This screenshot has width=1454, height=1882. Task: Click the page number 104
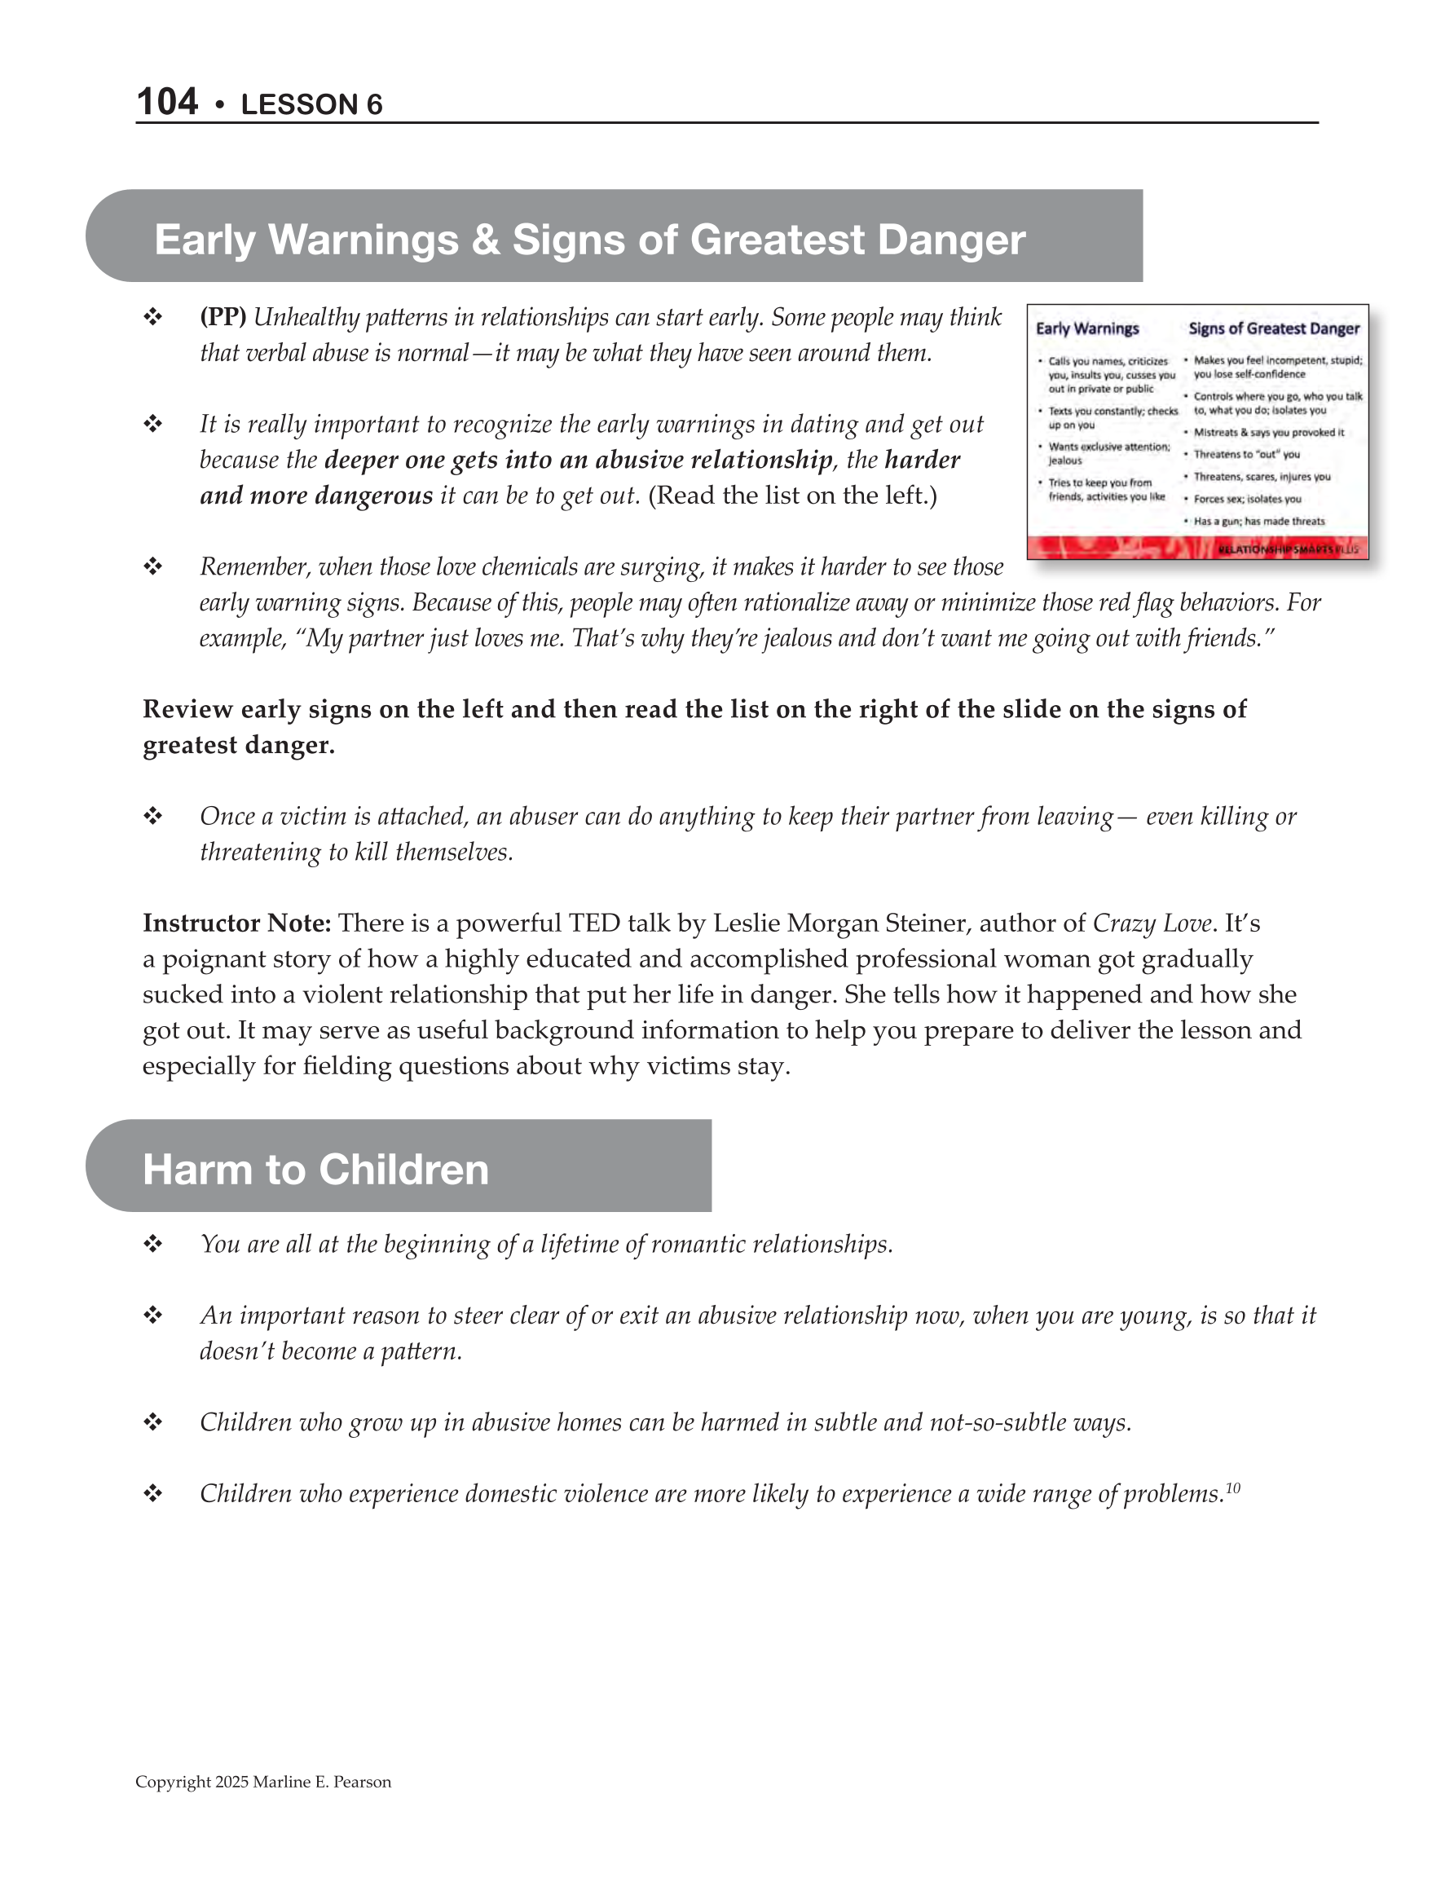click(x=167, y=102)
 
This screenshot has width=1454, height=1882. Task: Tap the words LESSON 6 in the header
click(x=311, y=105)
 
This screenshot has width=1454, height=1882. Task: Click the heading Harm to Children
click(x=315, y=1170)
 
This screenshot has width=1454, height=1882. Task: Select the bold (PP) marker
click(x=223, y=317)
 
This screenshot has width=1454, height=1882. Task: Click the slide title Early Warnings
click(x=1087, y=328)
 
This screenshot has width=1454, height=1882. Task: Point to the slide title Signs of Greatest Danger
click(x=1273, y=328)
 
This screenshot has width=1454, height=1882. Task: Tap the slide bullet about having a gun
click(x=1258, y=522)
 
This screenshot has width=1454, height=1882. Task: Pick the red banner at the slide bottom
click(x=1197, y=548)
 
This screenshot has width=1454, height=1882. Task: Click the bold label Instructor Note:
click(x=237, y=923)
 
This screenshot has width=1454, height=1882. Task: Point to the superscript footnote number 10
click(x=1232, y=1488)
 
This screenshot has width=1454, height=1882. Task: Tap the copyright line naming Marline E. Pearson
click(x=263, y=1782)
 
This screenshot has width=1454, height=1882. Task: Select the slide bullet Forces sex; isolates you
click(x=1247, y=499)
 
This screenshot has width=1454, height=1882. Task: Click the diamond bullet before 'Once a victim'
click(x=153, y=816)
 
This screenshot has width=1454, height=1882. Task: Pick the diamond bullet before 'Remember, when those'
click(x=153, y=566)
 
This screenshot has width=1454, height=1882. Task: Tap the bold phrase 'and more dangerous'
click(x=316, y=496)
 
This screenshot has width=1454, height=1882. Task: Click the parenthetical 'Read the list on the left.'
click(x=792, y=496)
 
